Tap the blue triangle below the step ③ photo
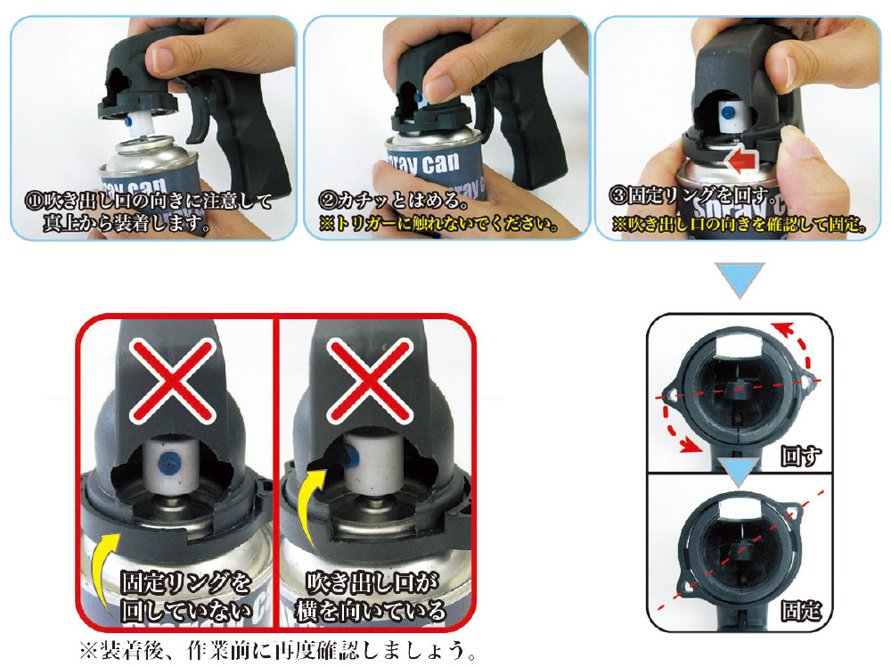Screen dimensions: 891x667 click(740, 279)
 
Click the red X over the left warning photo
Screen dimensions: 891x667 click(173, 381)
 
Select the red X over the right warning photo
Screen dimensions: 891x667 click(371, 380)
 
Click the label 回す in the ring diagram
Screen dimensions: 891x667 click(801, 456)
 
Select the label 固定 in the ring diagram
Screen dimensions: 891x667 click(801, 611)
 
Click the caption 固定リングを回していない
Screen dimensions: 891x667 click(186, 597)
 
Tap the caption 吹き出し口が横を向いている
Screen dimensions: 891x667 click(371, 597)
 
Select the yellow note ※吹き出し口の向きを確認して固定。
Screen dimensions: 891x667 click(740, 224)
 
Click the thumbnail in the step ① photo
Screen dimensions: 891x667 click(162, 59)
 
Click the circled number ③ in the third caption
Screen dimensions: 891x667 click(618, 195)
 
